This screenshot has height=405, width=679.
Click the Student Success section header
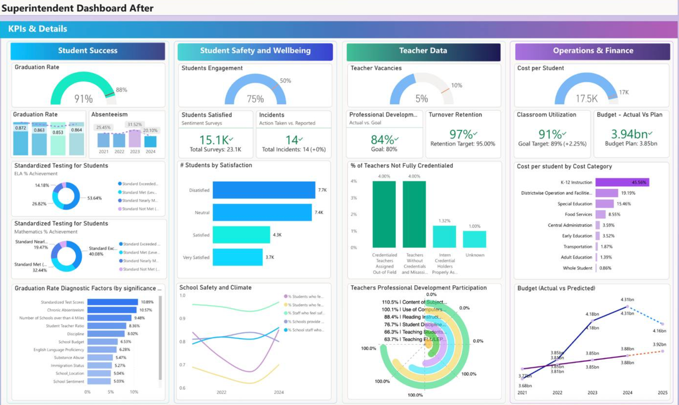pos(87,50)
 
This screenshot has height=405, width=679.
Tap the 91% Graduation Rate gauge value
pos(84,99)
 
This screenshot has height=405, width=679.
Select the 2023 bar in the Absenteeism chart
pos(135,139)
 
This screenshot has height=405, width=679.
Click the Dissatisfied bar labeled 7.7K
pos(264,190)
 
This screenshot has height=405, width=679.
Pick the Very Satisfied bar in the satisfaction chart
pos(238,257)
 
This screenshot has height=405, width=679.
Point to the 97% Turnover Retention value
pos(461,134)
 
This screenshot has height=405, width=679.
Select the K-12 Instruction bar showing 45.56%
pos(622,182)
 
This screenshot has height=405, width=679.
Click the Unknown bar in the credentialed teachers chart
pos(474,239)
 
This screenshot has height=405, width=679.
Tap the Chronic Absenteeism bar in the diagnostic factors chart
pos(112,310)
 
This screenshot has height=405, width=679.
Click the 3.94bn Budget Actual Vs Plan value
pos(629,134)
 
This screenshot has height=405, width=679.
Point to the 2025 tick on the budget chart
pos(662,393)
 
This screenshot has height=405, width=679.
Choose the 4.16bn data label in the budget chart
pos(659,331)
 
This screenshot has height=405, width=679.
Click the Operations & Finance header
pos(593,50)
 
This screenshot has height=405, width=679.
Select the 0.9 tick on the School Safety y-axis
pos(182,318)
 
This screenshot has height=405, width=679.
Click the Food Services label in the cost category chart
pos(578,215)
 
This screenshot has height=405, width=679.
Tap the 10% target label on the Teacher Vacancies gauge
pos(457,85)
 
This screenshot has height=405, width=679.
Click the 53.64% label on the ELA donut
pos(94,198)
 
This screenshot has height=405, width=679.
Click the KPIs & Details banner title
pos(38,29)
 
